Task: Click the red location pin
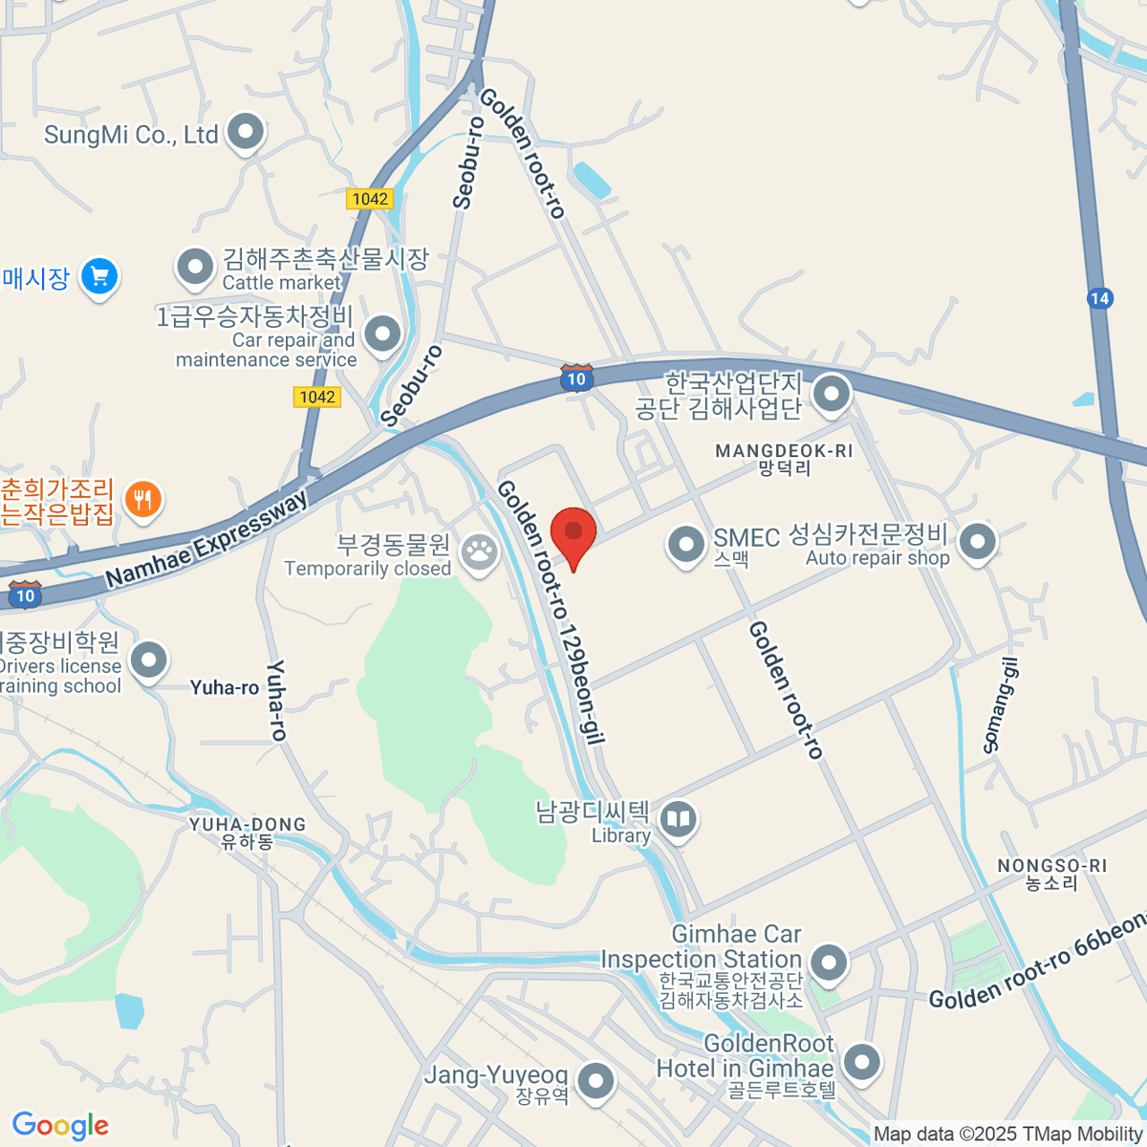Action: (573, 534)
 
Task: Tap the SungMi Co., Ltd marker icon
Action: (246, 133)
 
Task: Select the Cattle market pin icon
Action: (196, 268)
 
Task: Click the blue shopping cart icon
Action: (99, 277)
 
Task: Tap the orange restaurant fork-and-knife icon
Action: (143, 499)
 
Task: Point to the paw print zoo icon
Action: (479, 552)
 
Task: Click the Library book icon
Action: (679, 820)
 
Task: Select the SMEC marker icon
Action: (685, 544)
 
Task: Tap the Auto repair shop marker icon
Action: (977, 542)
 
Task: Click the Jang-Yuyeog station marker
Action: (597, 1082)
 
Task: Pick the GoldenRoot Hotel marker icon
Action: (862, 1061)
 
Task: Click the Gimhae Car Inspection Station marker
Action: (828, 962)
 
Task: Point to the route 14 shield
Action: (1100, 298)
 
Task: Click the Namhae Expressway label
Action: (206, 539)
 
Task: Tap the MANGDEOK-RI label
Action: (784, 451)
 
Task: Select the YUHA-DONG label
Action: (248, 825)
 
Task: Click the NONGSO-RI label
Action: (1051, 866)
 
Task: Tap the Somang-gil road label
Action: (1002, 705)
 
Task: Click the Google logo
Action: (60, 1126)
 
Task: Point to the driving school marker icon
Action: (148, 660)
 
